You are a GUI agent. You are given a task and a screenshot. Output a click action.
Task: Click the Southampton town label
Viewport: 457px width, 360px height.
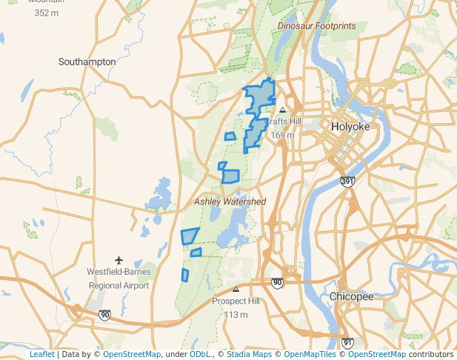coord(87,62)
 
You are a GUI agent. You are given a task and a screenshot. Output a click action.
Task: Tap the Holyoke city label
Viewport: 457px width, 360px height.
coord(350,127)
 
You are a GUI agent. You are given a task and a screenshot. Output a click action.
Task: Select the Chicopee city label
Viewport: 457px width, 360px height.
coord(351,296)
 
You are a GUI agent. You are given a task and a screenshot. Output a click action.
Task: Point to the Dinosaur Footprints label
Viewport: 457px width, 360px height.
coord(316,26)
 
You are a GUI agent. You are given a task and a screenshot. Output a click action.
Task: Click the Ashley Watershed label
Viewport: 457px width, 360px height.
coord(230,201)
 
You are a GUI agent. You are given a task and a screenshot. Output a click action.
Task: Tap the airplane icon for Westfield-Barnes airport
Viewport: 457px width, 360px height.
coord(119,260)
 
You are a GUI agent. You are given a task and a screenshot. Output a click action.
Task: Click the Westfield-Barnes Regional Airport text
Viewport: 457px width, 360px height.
coord(119,279)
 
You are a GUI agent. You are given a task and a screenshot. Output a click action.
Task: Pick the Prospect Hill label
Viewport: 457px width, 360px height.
coord(236,301)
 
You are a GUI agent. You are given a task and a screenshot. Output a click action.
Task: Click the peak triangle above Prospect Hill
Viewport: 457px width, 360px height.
coord(236,290)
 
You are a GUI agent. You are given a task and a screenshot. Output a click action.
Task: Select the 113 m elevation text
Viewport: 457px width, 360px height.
coord(236,315)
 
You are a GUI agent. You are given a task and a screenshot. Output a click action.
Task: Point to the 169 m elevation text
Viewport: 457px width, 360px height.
coord(282,136)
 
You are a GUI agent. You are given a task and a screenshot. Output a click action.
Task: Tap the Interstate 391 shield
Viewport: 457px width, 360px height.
coord(347,181)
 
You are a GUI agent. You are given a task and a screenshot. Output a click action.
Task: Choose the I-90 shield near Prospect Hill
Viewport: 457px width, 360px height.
coord(277,283)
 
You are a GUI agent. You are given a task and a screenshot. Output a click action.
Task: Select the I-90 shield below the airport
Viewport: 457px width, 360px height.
coord(104,315)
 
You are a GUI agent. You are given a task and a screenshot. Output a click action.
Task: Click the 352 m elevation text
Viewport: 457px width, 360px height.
coord(47,13)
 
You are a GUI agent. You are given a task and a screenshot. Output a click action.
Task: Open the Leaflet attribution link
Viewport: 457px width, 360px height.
coord(42,354)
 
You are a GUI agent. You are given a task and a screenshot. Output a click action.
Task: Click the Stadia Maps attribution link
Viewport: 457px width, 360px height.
coord(252,354)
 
